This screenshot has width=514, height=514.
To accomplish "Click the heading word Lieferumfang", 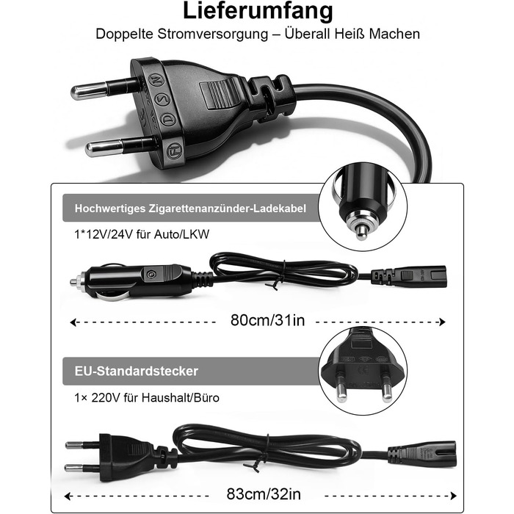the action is click(258, 12).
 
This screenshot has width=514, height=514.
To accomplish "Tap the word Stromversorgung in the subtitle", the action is click(213, 34).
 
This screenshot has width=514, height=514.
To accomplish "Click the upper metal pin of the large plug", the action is click(104, 89).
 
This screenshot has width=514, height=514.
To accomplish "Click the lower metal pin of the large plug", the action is click(120, 147).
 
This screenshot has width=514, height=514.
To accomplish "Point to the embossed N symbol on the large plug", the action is click(156, 79).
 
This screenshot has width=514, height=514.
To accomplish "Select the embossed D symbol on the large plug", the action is click(168, 119).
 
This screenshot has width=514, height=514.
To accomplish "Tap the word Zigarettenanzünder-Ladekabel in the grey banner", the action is click(227, 209).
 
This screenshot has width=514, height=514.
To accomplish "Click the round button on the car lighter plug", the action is click(151, 274).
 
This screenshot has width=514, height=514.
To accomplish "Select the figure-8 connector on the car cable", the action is click(409, 275).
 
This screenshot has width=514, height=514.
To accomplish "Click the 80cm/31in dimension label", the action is click(267, 320).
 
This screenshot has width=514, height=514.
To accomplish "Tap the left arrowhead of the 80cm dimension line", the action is click(73, 322).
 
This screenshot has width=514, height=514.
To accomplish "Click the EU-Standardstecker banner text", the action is click(137, 371).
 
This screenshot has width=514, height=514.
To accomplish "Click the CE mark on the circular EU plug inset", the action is click(363, 370).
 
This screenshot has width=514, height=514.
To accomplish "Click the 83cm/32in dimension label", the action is click(264, 494).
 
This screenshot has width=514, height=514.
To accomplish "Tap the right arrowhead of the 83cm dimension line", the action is click(454, 496).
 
